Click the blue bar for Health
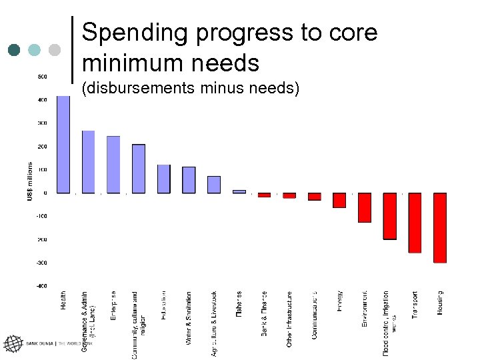click(63, 144)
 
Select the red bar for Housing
click(440, 227)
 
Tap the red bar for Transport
click(415, 223)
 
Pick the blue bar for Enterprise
click(113, 165)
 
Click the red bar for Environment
click(365, 207)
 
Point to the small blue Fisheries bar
click(239, 191)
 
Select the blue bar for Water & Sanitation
click(189, 180)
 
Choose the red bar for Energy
click(339, 200)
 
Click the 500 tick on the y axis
click(41, 77)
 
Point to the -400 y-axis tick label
click(41, 286)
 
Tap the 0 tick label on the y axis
click(45, 193)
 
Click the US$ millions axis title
click(29, 181)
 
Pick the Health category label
click(63, 300)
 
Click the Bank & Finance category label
click(265, 313)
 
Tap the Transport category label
click(415, 305)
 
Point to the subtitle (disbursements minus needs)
click(189, 89)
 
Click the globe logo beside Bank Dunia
click(13, 344)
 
